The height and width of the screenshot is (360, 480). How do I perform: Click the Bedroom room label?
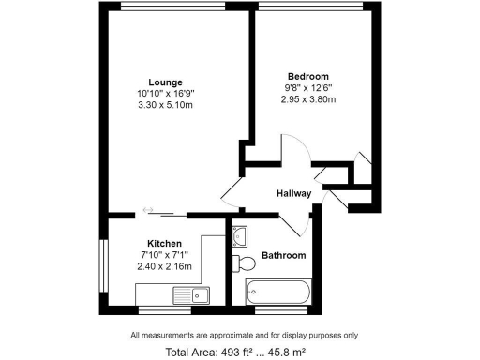[307, 75]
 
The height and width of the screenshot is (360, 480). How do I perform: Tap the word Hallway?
[293, 193]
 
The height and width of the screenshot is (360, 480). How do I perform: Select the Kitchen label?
[164, 244]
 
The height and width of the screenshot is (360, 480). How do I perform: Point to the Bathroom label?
[283, 255]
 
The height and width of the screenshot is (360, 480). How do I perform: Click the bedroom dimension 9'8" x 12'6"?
[307, 87]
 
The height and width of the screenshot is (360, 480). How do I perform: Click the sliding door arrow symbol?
[148, 209]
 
